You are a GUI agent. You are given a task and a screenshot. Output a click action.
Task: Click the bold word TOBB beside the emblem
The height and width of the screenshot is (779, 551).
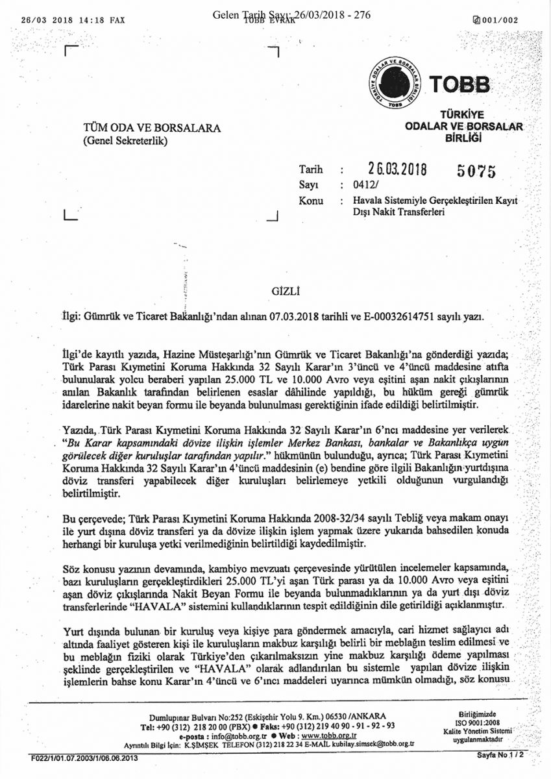[460, 85]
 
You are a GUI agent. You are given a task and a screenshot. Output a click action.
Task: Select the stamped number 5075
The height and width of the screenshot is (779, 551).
[477, 171]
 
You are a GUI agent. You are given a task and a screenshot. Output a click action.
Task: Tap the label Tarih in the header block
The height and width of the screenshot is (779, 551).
[311, 170]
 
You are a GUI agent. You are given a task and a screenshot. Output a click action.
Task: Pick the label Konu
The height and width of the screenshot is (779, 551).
[311, 201]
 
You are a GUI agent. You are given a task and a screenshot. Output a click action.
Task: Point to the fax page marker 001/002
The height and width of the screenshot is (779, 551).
[500, 20]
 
